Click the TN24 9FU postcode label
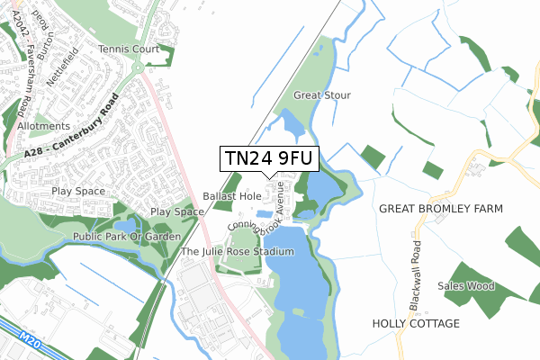(x=269, y=158)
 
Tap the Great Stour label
(x=322, y=94)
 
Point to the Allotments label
(x=42, y=127)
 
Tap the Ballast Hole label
(x=231, y=195)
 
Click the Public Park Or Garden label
(x=116, y=237)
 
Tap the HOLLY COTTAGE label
(x=416, y=323)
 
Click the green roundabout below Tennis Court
(x=137, y=67)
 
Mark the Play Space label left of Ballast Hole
(x=176, y=211)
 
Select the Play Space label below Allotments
(x=77, y=191)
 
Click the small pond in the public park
(x=125, y=222)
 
